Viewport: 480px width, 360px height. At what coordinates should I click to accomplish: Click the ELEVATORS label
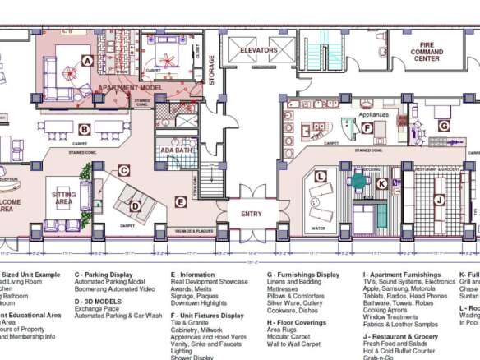(259, 51)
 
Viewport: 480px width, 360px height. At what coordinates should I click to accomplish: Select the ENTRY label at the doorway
(252, 213)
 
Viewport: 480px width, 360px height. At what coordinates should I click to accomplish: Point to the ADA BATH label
(177, 150)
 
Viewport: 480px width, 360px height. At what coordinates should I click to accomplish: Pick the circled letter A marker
(86, 60)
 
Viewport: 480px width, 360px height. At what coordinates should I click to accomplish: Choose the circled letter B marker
(84, 129)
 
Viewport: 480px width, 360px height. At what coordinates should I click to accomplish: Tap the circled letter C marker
(123, 171)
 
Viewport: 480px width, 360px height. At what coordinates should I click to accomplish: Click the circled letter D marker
(135, 206)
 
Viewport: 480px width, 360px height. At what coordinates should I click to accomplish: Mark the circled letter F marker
(367, 127)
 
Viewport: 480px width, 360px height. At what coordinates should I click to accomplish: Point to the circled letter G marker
(443, 126)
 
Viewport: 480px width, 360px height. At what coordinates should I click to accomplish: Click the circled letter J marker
(439, 200)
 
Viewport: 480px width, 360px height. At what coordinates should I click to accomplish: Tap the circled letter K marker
(381, 184)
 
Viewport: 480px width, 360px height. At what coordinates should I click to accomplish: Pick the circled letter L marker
(321, 176)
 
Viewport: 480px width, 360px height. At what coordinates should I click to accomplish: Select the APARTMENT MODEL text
(130, 87)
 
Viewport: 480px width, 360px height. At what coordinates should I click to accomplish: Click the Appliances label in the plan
(374, 115)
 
